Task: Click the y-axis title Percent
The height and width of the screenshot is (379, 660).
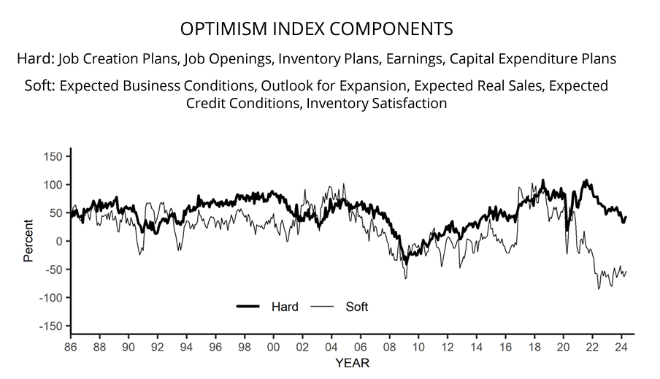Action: pos(28,241)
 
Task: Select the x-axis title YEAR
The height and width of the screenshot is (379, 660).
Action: pos(352,363)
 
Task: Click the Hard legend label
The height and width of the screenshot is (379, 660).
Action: pos(285,307)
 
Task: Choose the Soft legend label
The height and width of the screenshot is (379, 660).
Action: pos(356,307)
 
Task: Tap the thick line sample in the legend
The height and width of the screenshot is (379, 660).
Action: pos(249,307)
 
